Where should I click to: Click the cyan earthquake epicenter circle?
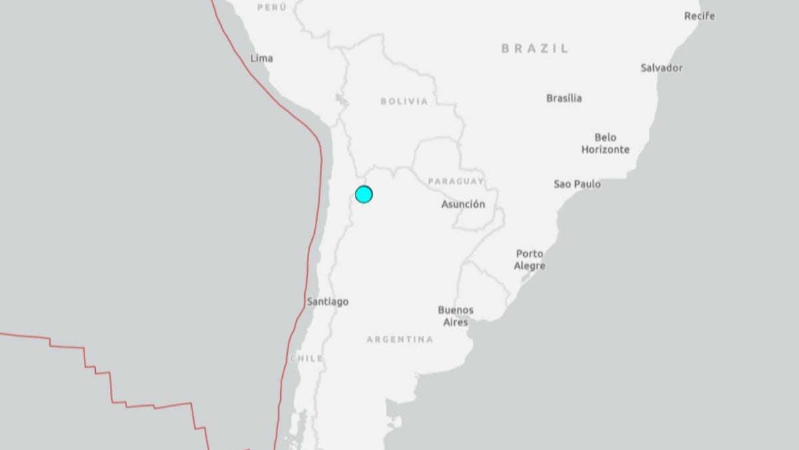364,194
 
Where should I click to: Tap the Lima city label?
262,58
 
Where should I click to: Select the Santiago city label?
328,301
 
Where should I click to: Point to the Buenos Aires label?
456,316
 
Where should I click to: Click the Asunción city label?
463,204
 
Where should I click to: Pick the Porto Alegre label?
530,259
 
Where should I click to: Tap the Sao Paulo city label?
577,183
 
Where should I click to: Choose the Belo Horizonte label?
605,143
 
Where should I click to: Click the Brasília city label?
564,98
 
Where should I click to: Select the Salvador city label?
662,67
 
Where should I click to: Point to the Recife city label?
700,15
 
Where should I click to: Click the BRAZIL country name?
535,48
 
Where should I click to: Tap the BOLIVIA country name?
404,101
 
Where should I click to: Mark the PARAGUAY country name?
455,181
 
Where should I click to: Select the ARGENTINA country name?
400,339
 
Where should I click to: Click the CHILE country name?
307,358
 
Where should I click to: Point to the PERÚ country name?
272,7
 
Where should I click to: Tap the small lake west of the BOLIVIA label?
342,101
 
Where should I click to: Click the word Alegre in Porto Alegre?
530,266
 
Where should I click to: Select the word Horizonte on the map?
605,149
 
